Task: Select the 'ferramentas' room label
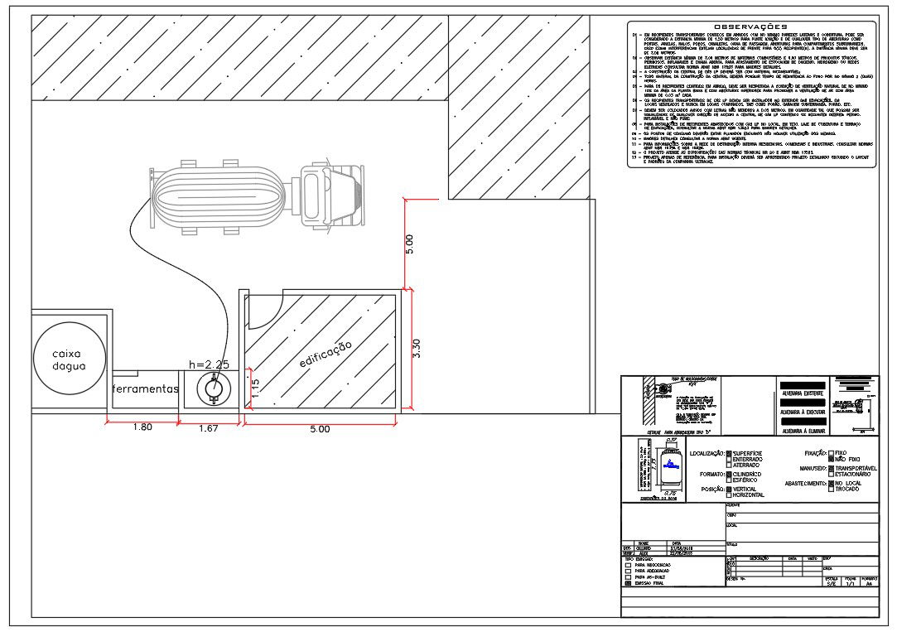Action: point(146,388)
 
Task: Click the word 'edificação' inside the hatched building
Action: point(326,354)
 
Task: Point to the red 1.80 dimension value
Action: point(142,428)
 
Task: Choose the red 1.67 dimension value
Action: point(209,428)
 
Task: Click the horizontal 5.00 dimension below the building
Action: point(319,429)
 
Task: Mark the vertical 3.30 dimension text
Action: point(418,349)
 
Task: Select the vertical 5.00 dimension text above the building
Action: point(408,244)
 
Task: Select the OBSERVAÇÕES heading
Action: point(750,27)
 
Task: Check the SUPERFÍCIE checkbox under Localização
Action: point(730,454)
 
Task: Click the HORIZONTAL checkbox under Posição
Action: point(730,495)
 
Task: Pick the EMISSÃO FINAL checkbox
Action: point(629,583)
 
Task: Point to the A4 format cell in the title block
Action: point(868,584)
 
